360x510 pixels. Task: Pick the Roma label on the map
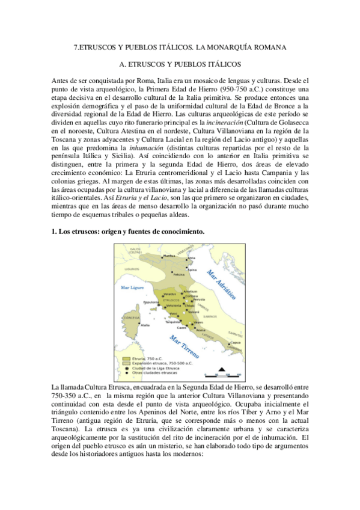point(200,331)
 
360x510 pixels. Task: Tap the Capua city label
point(234,343)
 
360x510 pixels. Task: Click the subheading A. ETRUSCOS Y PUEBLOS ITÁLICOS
point(180,63)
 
